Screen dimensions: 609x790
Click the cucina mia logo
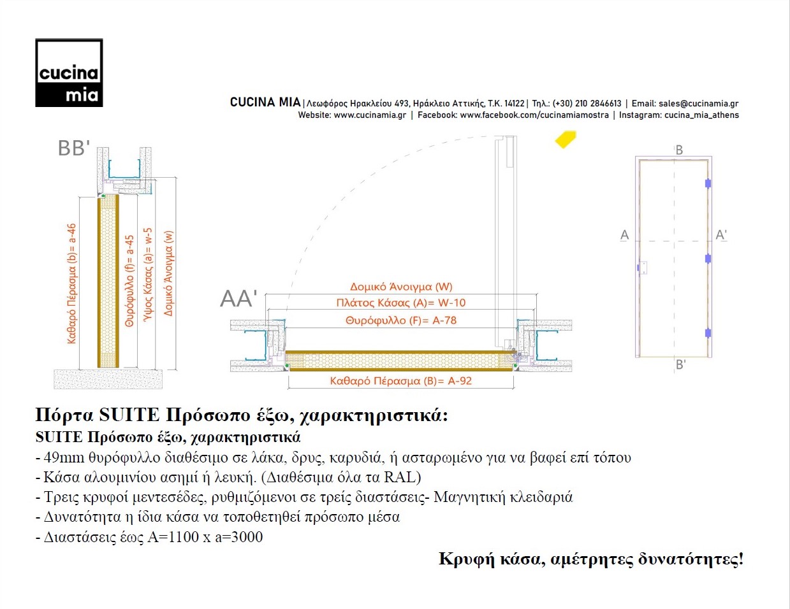coord(69,73)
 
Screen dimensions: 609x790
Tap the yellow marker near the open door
coord(565,139)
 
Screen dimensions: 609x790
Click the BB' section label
coord(73,148)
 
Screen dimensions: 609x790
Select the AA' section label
coord(238,299)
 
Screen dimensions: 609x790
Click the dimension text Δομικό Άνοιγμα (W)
coord(401,287)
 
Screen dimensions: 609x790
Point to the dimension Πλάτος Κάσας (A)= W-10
coord(401,303)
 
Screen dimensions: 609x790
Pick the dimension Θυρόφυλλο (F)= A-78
coord(401,320)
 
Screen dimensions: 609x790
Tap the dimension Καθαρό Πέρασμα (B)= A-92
coord(400,381)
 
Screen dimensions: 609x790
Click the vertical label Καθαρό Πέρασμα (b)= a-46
coord(71,283)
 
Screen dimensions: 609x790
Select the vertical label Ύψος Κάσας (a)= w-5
coord(149,275)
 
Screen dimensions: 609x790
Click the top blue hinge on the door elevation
coord(708,183)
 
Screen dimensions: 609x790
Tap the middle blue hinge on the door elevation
coord(708,259)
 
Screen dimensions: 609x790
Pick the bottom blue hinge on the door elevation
coord(708,333)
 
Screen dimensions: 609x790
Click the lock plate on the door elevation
coord(642,268)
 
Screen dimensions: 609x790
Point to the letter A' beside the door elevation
coord(721,235)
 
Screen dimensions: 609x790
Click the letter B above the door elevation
coord(679,150)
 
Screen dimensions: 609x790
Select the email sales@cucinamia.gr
coord(698,103)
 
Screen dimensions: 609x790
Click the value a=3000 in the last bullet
coord(238,537)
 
